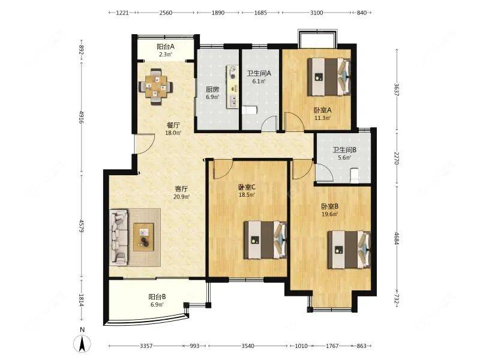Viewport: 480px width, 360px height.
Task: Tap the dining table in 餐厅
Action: point(156,86)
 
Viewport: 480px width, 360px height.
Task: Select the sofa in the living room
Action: point(118,237)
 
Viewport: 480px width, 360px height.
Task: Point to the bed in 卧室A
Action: point(329,77)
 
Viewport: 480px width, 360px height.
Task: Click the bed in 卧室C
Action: point(265,239)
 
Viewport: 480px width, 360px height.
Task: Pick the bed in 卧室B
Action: point(349,250)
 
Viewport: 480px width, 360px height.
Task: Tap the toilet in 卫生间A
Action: point(249,110)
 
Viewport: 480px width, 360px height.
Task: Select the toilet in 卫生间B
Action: point(355,175)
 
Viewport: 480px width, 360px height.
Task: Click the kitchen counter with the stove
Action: point(232,86)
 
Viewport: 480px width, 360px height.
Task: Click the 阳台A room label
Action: point(166,47)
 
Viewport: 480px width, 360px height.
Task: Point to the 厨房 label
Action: point(212,89)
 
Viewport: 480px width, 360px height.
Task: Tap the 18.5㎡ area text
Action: point(247,194)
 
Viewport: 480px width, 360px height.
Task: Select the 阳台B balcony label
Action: point(157,296)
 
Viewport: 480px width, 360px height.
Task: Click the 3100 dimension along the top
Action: point(317,13)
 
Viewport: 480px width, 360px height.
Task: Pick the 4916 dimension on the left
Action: point(82,117)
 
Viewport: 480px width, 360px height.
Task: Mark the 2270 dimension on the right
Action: point(397,158)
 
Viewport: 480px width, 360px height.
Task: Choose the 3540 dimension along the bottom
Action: point(248,346)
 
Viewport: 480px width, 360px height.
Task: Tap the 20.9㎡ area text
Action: point(182,197)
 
